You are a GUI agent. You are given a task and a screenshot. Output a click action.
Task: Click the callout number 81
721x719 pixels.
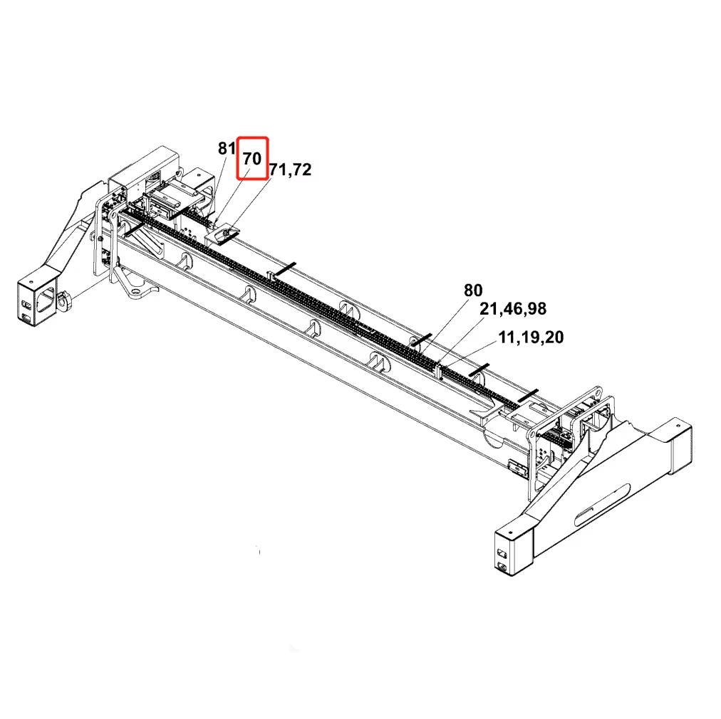tap(227, 148)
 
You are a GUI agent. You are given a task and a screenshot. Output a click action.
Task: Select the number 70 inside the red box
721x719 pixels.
tap(252, 159)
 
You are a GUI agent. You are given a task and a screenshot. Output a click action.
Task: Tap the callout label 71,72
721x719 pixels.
tap(290, 169)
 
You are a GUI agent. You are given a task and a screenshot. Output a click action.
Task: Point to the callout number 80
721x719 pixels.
tap(473, 290)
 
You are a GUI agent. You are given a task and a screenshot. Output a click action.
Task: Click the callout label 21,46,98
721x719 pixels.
tap(513, 309)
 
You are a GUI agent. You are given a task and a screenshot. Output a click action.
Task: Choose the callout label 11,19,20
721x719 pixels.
tap(531, 337)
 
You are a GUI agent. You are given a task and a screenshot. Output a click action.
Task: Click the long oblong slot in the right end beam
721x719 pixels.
tap(602, 505)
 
